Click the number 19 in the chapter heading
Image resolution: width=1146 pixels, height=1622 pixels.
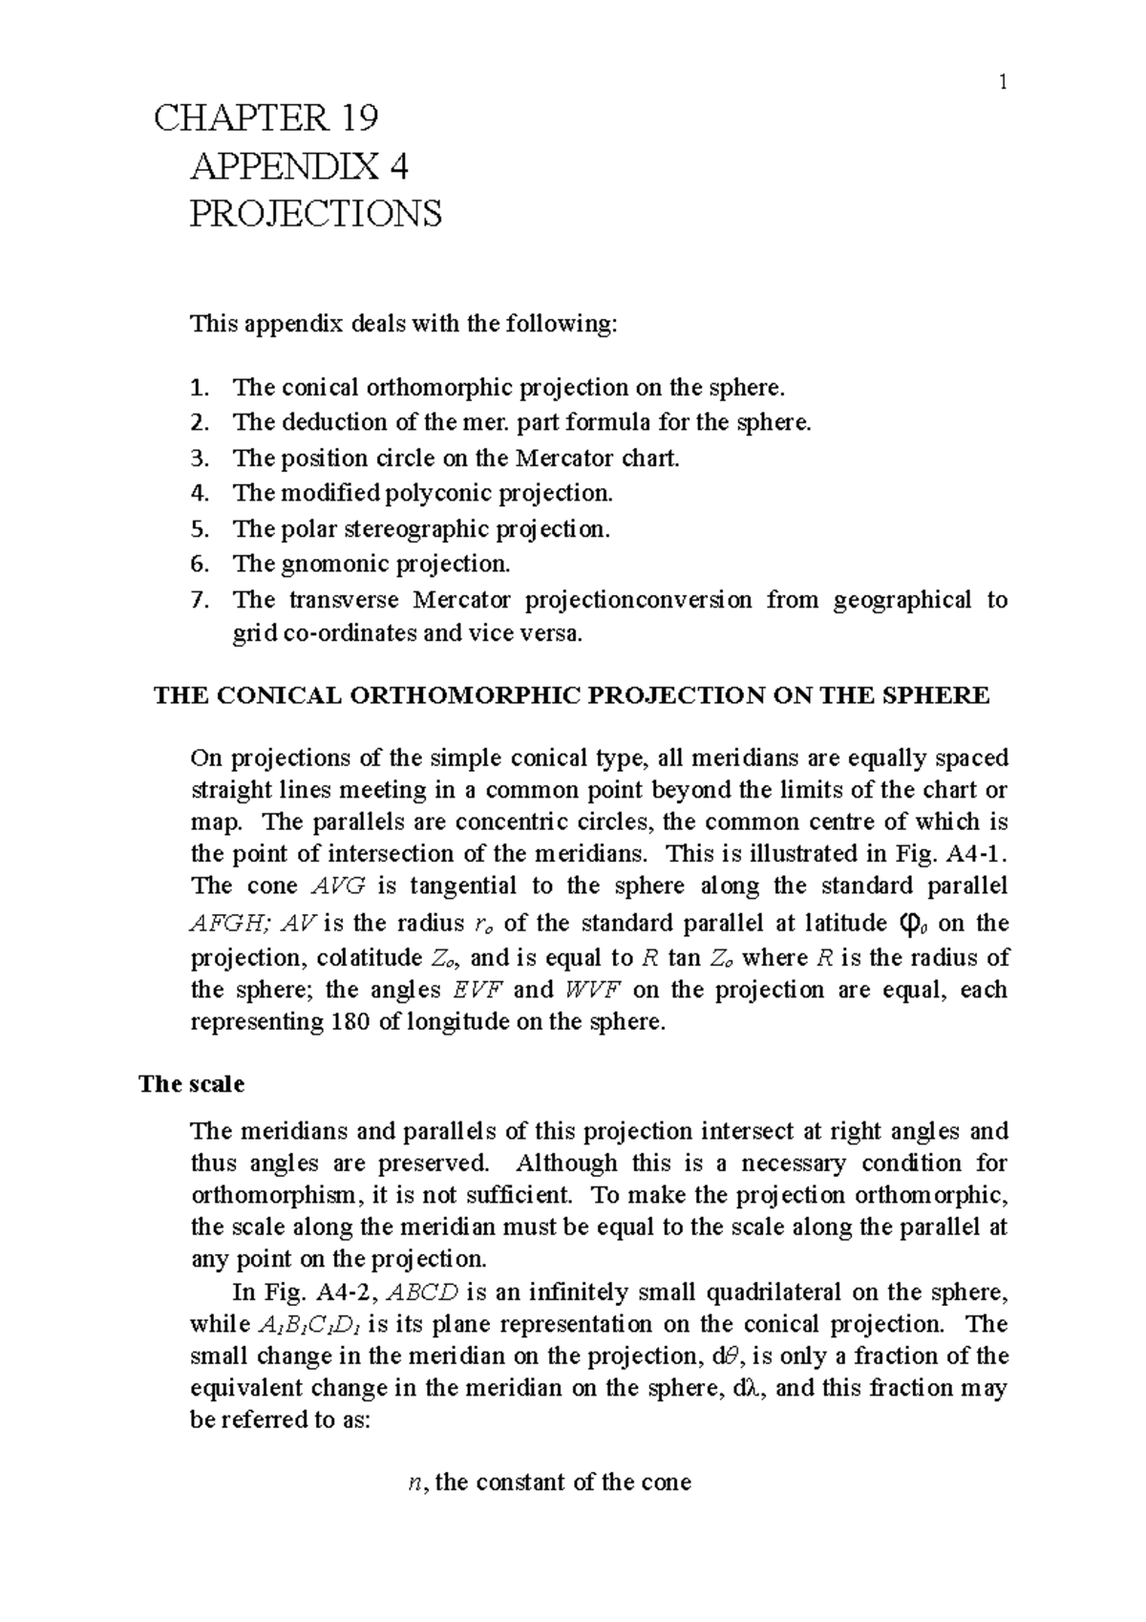point(356,118)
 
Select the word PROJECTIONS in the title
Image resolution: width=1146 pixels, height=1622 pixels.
point(316,214)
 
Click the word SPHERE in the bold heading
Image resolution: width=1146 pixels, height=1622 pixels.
point(942,695)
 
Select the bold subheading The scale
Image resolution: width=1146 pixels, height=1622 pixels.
point(191,1084)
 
